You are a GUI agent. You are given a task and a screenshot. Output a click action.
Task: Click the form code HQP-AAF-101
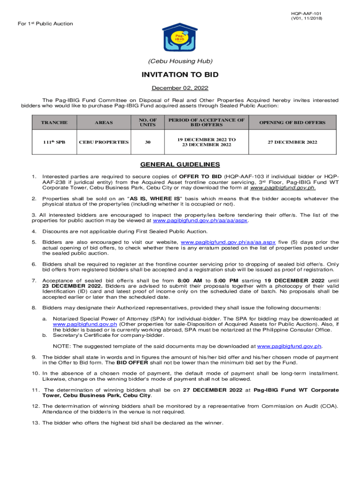[x=306, y=13]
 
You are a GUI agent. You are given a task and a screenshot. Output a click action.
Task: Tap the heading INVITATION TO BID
[x=180, y=75]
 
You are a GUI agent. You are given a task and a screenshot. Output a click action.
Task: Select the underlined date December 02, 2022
[x=180, y=88]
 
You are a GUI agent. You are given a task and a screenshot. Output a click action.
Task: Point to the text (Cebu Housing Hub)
[x=180, y=61]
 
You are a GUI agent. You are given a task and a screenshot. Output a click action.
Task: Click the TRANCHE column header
[x=54, y=123]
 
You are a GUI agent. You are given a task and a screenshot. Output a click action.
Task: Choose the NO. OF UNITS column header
[x=147, y=123]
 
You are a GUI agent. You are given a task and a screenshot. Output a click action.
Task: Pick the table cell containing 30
[x=147, y=142]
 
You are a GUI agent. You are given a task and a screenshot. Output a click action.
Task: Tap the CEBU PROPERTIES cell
[x=104, y=142]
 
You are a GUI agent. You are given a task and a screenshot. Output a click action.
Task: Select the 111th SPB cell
[x=54, y=142]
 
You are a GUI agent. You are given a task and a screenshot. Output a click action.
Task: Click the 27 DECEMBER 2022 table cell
[x=292, y=142]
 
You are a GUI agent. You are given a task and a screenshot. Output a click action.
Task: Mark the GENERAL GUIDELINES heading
[x=180, y=165]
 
